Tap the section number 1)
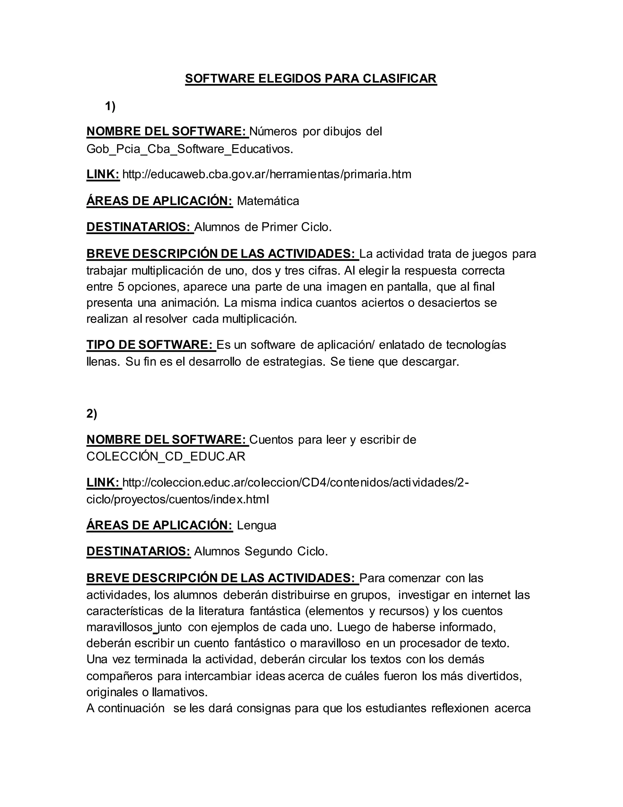pos(110,106)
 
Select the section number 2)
pos(92,414)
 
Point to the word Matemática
pos(268,201)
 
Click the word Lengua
pos(256,525)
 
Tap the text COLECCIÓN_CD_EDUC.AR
pos(166,456)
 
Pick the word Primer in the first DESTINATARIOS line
pos(279,227)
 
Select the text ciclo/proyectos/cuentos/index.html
pos(178,499)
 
